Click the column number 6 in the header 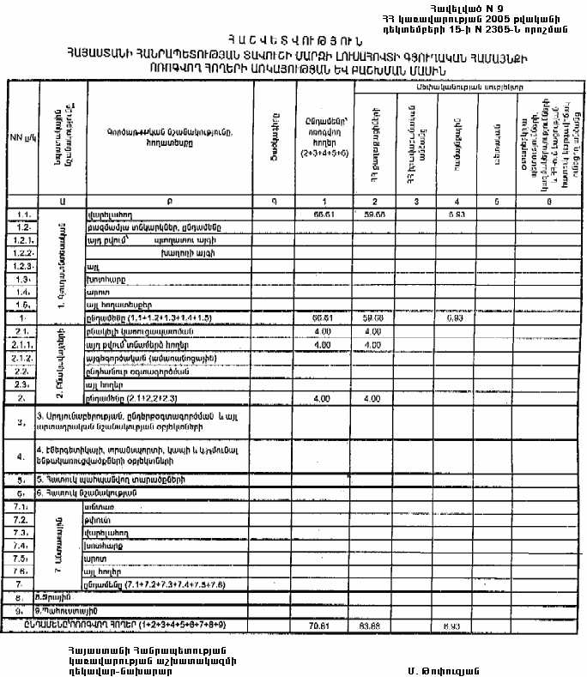pyautogui.click(x=548, y=201)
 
